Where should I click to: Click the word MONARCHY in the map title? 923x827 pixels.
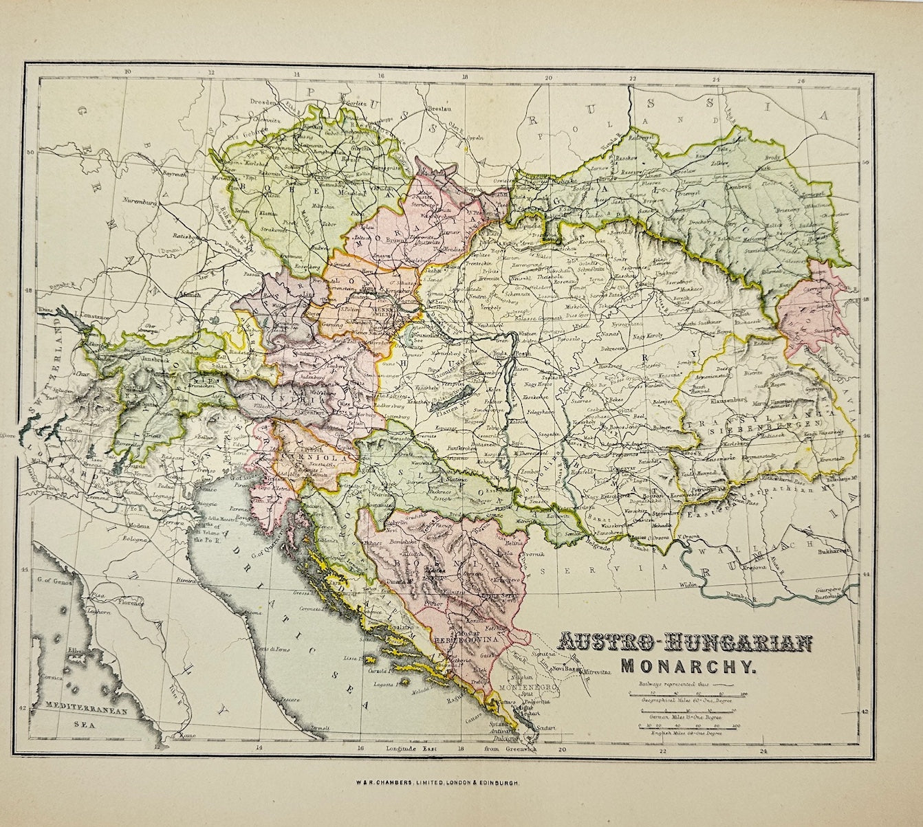coord(688,665)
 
